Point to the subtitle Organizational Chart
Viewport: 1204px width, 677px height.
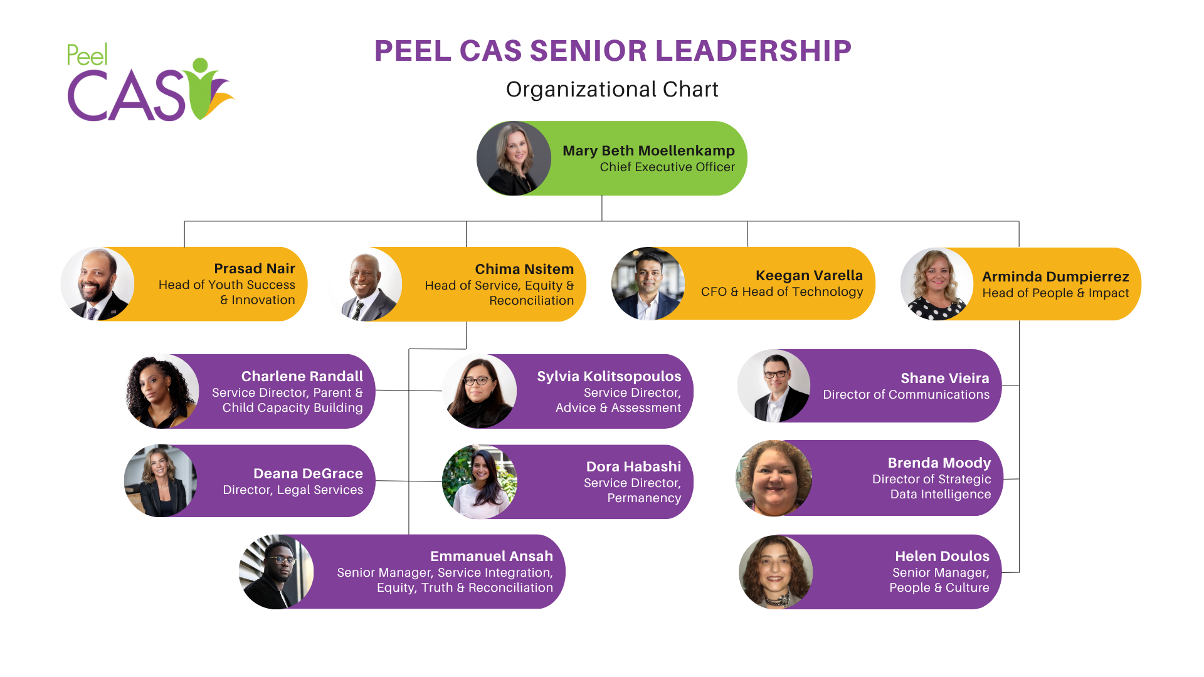[x=612, y=90]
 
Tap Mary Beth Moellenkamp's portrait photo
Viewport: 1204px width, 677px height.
[x=514, y=159]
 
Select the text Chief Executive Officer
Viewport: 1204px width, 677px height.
[x=667, y=167]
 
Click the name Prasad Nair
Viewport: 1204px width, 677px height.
[x=254, y=269]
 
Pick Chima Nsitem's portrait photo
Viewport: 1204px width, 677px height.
[x=366, y=285]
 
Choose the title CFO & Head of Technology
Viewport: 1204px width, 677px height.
[x=782, y=292]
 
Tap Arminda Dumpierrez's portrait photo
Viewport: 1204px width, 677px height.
[x=937, y=284]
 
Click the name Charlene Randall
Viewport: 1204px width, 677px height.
[x=302, y=377]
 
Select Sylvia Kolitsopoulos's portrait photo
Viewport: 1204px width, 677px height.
[x=480, y=391]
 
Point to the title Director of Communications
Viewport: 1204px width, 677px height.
[x=906, y=395]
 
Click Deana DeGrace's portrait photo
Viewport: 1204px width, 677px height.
[x=161, y=481]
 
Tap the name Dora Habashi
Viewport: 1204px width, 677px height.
[x=633, y=467]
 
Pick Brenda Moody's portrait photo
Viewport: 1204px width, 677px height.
[x=774, y=478]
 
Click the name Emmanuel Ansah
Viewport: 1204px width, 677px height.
[x=491, y=557]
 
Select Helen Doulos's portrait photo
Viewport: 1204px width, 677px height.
[x=776, y=572]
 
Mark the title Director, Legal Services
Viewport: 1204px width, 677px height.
[x=293, y=490]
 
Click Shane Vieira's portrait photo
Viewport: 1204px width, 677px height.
[x=774, y=386]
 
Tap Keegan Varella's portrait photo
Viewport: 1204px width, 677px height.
[x=648, y=283]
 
